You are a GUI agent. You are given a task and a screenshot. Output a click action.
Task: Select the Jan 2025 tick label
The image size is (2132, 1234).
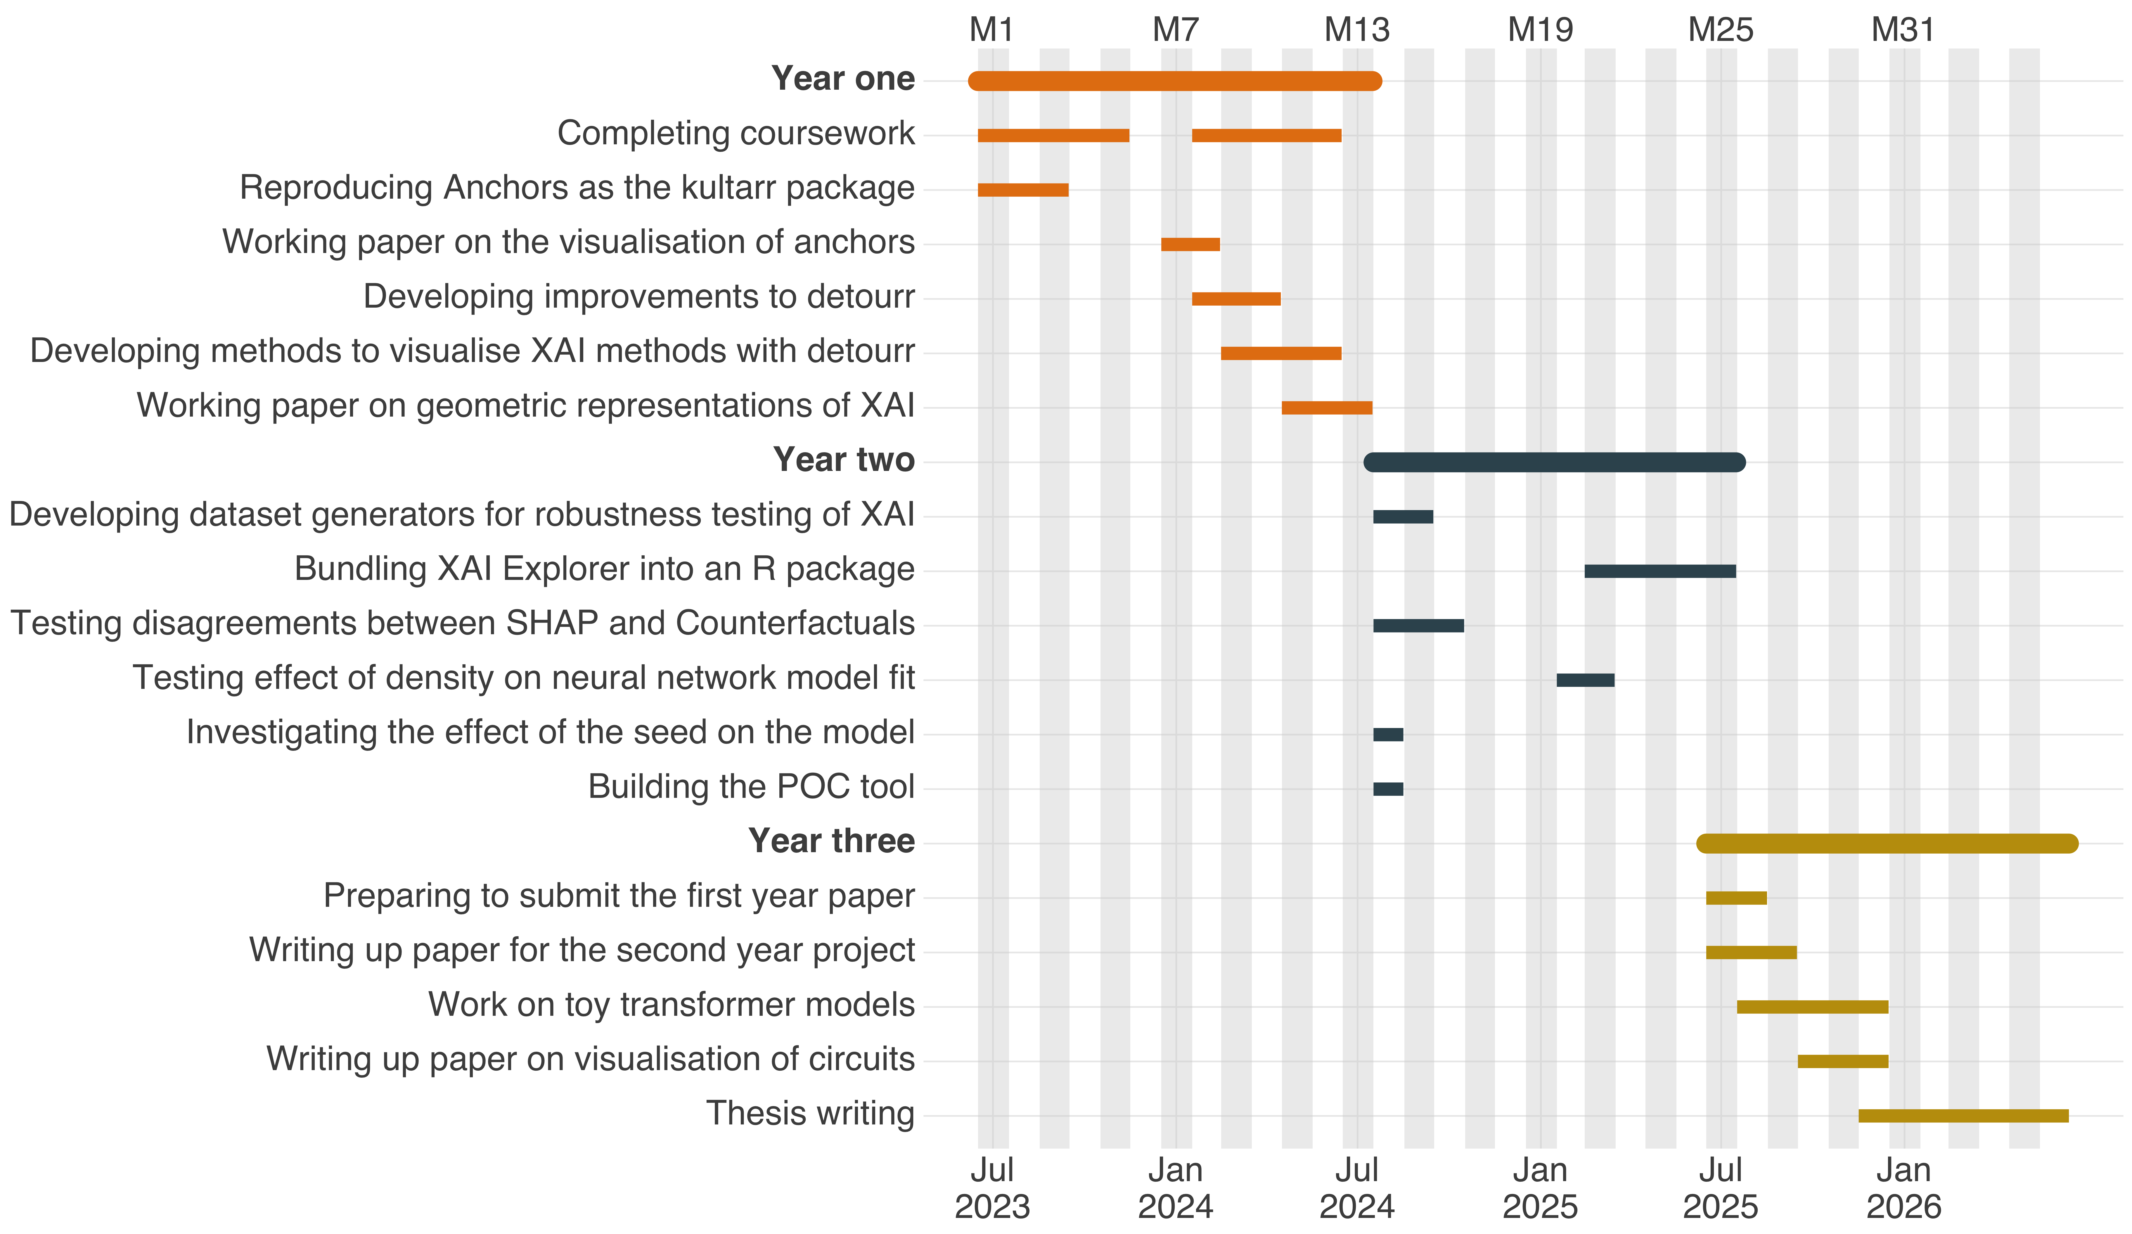[1540, 1188]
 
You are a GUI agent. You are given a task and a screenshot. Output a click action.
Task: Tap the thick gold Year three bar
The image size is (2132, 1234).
[1887, 843]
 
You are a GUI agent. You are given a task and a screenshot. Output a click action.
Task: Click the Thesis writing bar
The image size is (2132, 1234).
[1963, 1116]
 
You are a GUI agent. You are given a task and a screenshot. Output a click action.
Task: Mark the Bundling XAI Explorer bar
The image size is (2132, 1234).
[1660, 571]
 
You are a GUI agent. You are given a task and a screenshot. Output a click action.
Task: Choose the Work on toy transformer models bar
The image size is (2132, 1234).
[1812, 1006]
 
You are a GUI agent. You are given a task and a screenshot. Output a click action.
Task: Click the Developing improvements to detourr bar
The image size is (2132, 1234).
[1236, 299]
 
